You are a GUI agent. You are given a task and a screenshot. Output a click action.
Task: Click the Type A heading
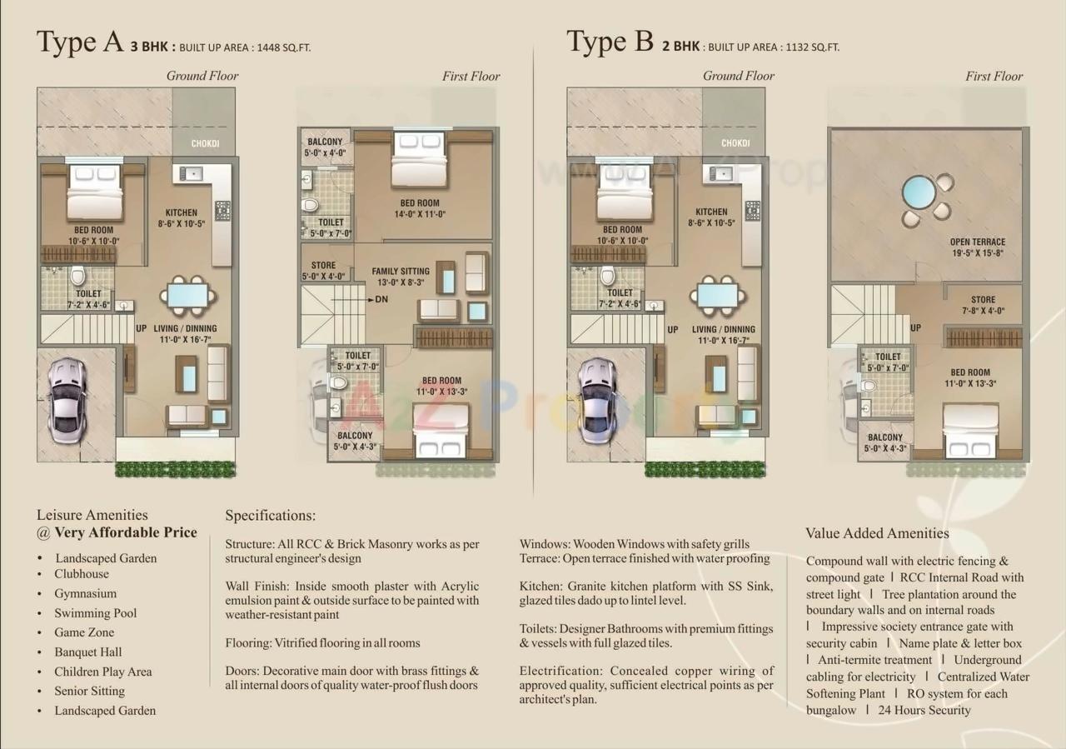coord(80,42)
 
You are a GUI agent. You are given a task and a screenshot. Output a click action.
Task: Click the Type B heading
coord(610,42)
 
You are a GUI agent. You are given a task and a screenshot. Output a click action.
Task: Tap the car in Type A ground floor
coord(67,400)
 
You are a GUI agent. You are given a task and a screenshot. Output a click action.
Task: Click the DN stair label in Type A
coord(381,299)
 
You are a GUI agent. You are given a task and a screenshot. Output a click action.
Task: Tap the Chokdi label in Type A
coord(205,144)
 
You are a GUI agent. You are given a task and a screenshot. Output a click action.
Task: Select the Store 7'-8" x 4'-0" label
coord(983,305)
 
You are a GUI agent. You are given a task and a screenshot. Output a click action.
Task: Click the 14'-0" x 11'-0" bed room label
coord(419,208)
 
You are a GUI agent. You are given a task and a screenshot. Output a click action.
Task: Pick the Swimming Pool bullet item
coord(95,613)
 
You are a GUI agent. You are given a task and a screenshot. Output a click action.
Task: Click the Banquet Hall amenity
coord(87,652)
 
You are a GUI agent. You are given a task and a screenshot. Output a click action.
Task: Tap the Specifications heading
coord(270,516)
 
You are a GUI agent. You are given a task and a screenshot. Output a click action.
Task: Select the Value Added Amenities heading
coord(877,533)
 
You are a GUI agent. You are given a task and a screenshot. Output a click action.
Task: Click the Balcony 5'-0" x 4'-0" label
coord(325,147)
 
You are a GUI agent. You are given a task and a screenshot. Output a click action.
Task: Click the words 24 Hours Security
coord(924,711)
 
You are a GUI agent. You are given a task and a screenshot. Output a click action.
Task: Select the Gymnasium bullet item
coord(85,594)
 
